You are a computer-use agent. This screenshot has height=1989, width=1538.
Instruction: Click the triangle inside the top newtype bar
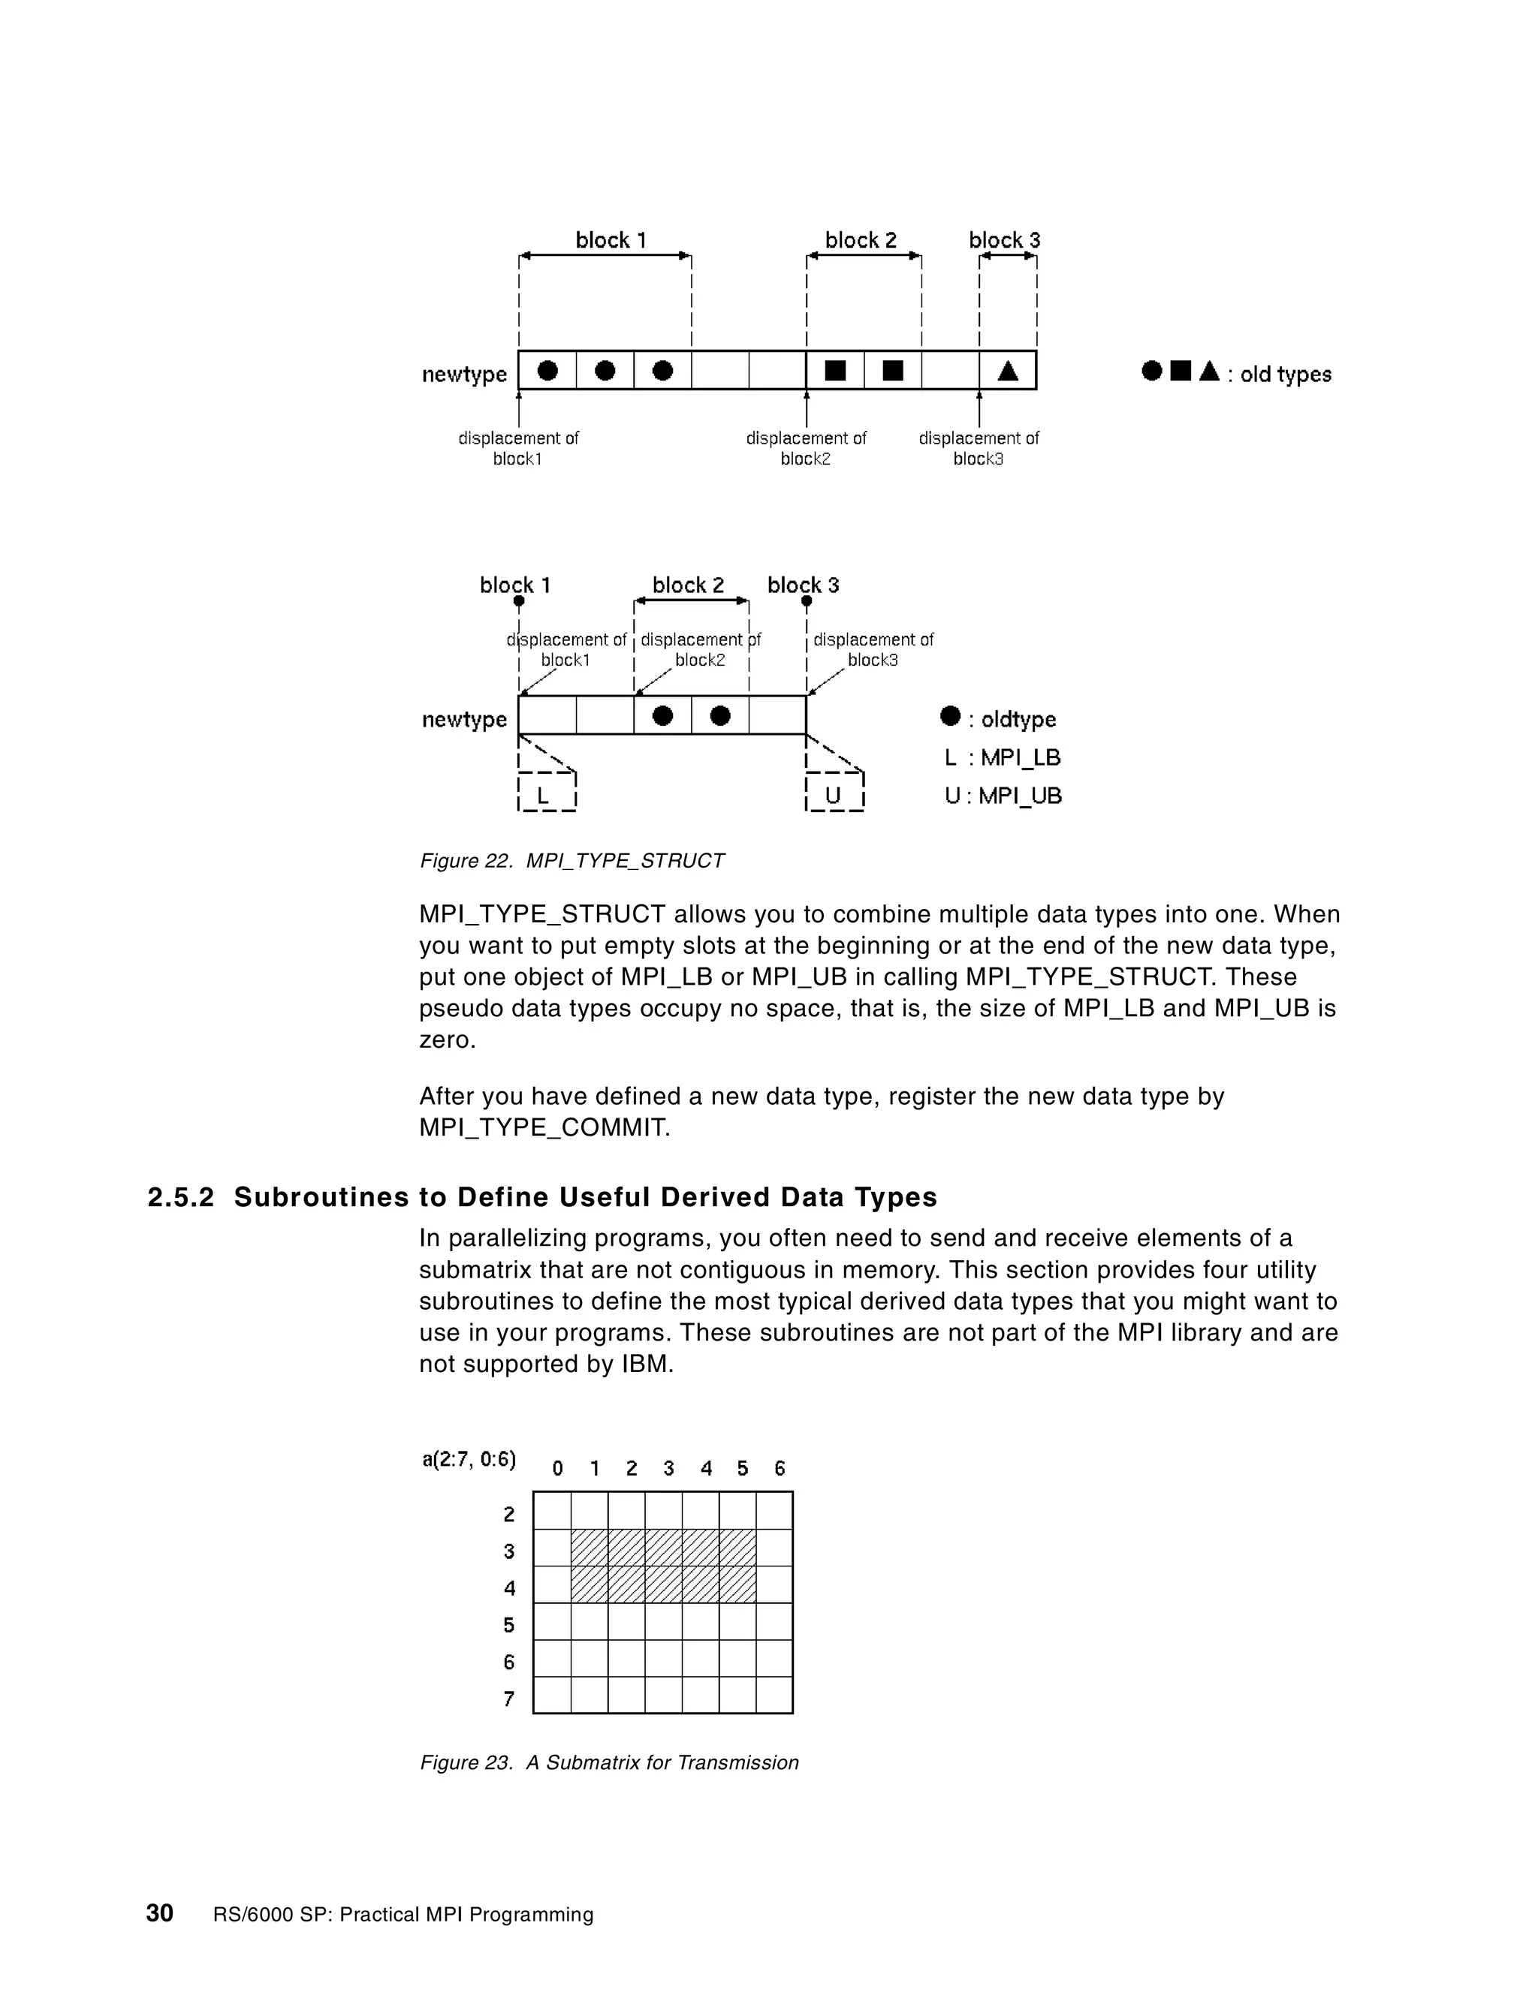coord(1008,371)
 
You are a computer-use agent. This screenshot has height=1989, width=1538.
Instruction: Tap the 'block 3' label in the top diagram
coord(1004,240)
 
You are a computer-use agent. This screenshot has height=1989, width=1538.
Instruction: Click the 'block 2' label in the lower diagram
coord(688,585)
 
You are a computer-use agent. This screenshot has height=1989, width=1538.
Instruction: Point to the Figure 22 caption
coord(572,861)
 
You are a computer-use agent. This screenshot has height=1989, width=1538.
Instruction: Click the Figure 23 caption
coord(608,1762)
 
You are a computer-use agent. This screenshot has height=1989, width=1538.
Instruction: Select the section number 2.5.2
coord(180,1196)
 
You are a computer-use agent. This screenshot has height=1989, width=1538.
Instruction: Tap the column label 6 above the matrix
coord(779,1468)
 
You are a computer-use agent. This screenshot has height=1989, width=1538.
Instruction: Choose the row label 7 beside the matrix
coord(509,1699)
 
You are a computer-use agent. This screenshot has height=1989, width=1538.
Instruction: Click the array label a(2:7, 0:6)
coord(469,1460)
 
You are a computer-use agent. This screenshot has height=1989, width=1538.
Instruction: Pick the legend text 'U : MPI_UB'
coord(1003,796)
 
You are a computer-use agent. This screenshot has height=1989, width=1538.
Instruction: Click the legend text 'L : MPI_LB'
coord(1003,758)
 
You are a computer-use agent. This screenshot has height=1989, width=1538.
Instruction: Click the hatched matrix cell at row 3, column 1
coord(590,1548)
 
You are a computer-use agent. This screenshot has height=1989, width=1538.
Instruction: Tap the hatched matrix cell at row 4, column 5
coord(737,1584)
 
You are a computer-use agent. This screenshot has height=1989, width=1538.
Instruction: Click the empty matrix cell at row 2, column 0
coord(552,1510)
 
